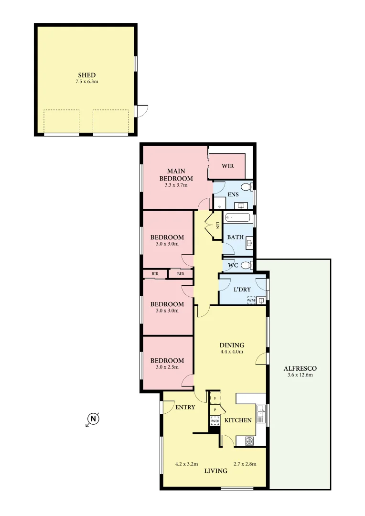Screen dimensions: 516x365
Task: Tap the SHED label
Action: (87, 75)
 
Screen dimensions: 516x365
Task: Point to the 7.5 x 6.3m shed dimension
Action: (87, 82)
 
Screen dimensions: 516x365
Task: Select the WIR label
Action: (228, 166)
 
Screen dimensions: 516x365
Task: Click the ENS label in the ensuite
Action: (233, 194)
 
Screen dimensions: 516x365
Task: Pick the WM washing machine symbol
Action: (251, 300)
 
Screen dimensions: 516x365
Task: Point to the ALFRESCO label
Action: (300, 368)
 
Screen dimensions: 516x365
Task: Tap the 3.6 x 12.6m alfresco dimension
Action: (300, 375)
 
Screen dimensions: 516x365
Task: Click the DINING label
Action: (232, 345)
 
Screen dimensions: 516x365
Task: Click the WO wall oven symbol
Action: (215, 421)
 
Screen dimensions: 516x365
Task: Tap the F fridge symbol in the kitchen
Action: (215, 398)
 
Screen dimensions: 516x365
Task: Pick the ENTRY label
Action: (185, 407)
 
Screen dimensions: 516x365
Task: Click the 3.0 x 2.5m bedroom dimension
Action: (167, 367)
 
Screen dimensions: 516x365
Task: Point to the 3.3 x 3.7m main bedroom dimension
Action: (173, 184)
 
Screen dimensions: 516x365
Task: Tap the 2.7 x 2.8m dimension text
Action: (245, 463)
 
